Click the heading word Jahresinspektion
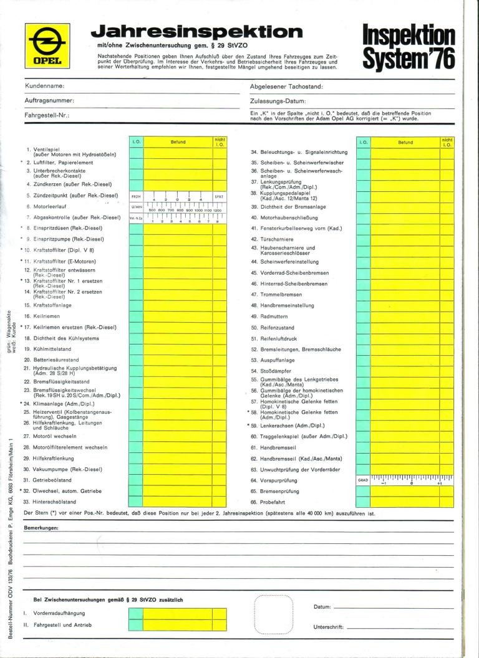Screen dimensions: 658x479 click(196, 32)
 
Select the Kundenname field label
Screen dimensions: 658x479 click(45, 85)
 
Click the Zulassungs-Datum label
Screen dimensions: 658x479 click(278, 100)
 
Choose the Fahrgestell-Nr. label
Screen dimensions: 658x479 click(47, 115)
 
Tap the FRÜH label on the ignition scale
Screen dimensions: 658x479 click(137, 196)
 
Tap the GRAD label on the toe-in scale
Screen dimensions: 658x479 click(363, 480)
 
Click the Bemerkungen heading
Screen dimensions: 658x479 click(41, 528)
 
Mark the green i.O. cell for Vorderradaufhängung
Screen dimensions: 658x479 click(137, 613)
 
